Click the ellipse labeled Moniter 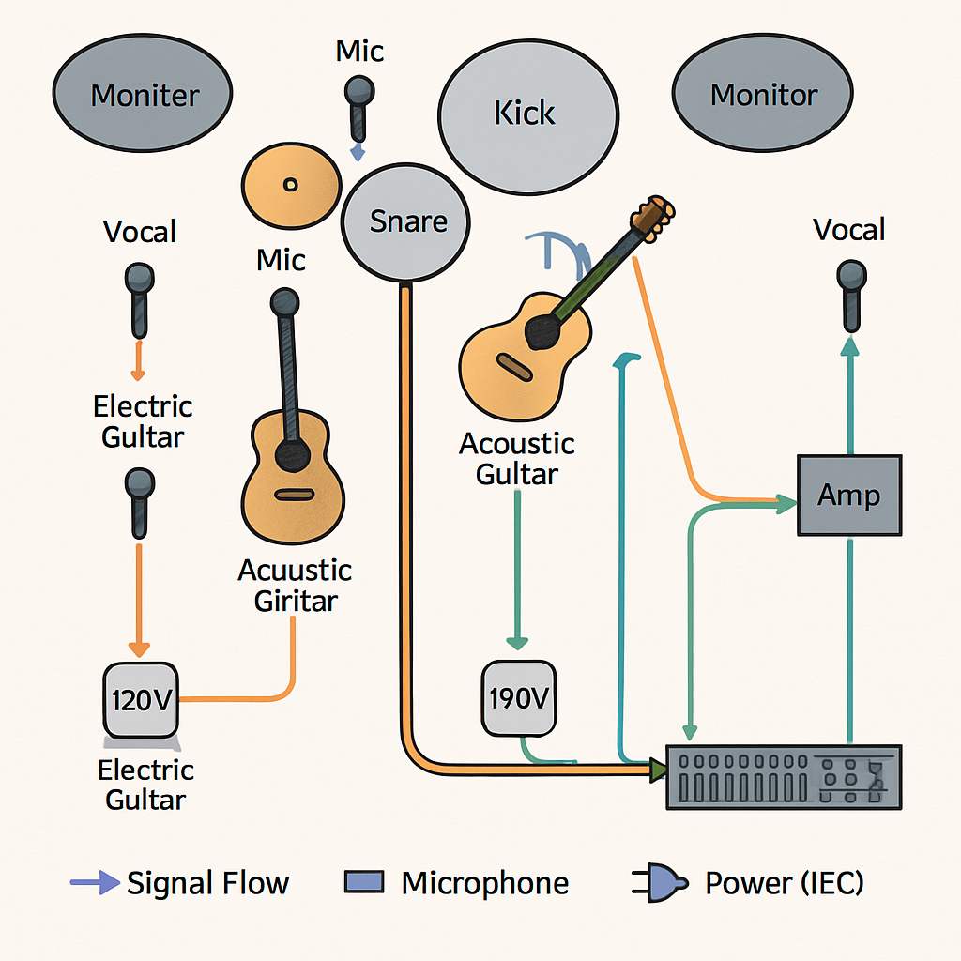click(x=142, y=95)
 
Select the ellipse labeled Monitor click(x=762, y=95)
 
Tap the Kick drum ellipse click(x=527, y=114)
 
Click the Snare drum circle click(x=405, y=221)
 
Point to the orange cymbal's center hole click(x=290, y=183)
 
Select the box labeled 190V click(x=518, y=699)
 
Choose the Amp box click(x=848, y=495)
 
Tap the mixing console click(x=783, y=776)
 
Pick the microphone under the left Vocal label click(x=139, y=298)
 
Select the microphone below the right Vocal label click(x=851, y=293)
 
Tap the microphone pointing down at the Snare click(x=358, y=105)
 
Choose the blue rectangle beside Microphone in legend click(x=364, y=882)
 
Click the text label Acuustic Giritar click(x=294, y=586)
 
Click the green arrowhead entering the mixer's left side click(x=658, y=770)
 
